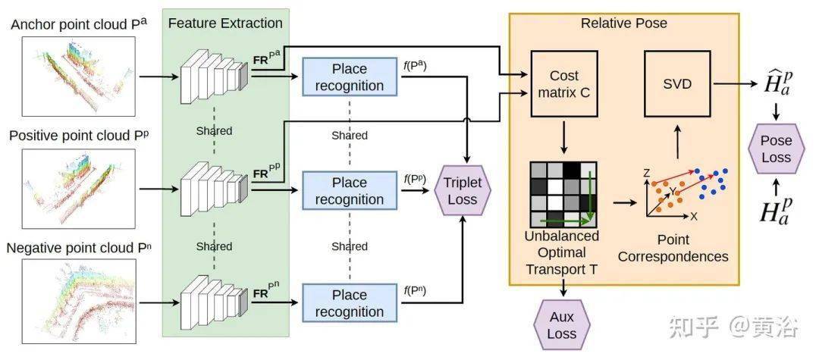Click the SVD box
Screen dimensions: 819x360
click(677, 83)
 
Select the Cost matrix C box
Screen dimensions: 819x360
click(564, 83)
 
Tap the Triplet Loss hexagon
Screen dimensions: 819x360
click(463, 191)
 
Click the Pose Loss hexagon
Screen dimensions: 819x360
click(776, 149)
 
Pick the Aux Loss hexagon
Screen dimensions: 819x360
click(561, 325)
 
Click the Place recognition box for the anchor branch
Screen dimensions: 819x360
click(350, 77)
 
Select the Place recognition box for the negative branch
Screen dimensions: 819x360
click(350, 303)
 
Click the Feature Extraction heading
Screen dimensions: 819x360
click(226, 23)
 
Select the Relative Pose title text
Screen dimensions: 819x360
click(624, 23)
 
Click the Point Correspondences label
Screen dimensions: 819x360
click(673, 248)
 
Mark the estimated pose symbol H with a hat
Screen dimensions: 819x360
click(777, 83)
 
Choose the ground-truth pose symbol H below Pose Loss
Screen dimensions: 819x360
click(777, 209)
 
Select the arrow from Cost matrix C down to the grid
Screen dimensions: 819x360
click(564, 136)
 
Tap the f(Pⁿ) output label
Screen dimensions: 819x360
click(415, 291)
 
